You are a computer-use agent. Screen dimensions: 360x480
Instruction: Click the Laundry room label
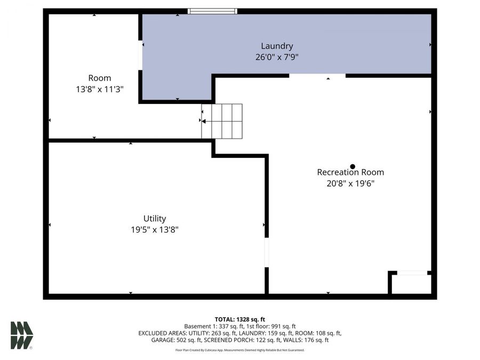(277, 46)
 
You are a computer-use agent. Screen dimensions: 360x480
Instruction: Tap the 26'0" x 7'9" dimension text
(277, 57)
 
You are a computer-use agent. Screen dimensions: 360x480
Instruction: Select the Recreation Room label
(350, 172)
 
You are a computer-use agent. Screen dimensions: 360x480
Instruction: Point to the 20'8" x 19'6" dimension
(350, 183)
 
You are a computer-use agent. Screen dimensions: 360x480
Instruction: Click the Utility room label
(155, 218)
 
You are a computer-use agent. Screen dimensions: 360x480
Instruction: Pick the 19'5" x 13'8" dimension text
(155, 229)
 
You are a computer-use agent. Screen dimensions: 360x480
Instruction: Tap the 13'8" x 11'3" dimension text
(100, 90)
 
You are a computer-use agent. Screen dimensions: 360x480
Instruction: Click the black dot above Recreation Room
(353, 166)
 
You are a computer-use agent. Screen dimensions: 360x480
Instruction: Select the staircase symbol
(222, 121)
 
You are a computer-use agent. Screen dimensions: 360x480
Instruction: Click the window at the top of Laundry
(213, 11)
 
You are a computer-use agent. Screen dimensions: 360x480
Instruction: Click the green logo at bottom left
(22, 335)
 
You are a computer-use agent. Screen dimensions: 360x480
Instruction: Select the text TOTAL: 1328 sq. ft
(239, 319)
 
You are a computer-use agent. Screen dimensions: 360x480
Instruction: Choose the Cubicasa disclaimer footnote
(239, 350)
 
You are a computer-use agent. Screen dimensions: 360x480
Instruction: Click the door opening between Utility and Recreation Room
(267, 252)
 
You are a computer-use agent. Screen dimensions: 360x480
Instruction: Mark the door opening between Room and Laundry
(140, 55)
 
